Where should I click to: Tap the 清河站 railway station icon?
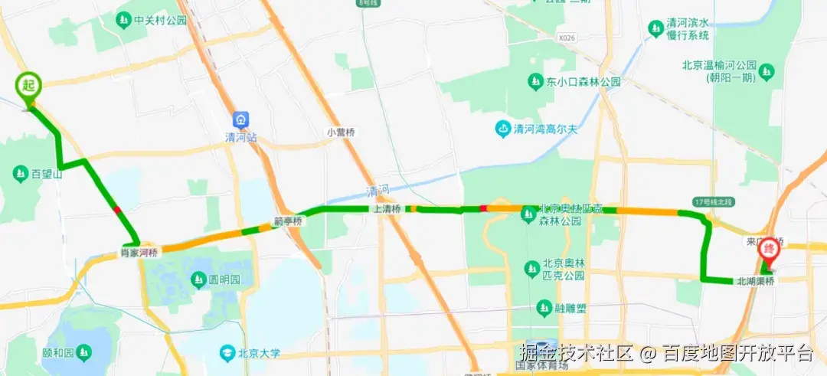click(242, 120)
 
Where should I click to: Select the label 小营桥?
click(341, 132)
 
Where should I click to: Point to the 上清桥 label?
click(387, 208)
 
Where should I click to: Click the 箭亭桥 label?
click(288, 222)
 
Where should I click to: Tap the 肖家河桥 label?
click(139, 251)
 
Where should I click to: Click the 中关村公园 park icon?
click(123, 20)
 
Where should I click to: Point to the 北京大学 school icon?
click(227, 353)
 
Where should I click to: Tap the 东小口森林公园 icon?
click(534, 81)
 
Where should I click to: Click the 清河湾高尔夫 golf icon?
click(503, 128)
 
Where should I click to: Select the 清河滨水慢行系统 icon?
click(655, 28)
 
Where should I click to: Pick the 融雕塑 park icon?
click(543, 309)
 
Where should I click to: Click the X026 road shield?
click(567, 37)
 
